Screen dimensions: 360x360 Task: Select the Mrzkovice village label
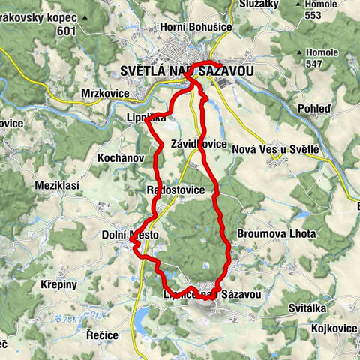(x=105, y=94)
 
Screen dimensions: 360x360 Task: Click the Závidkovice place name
(x=199, y=143)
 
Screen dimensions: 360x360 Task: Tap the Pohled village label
(x=313, y=108)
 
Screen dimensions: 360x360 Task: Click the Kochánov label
(x=121, y=158)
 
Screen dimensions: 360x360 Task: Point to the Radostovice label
(x=176, y=190)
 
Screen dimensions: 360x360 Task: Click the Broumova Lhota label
(x=273, y=233)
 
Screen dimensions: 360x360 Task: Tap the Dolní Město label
(x=130, y=235)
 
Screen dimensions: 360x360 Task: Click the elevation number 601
(x=67, y=30)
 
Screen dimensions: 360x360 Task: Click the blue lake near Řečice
(x=142, y=321)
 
